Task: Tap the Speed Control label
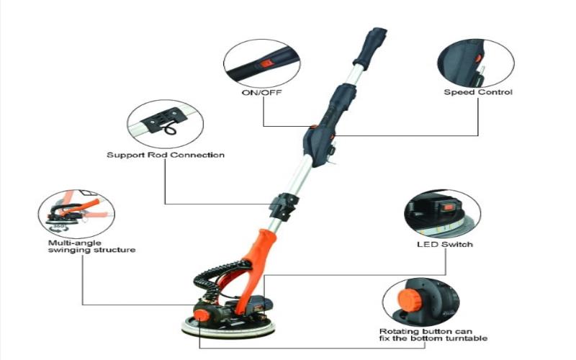pyautogui.click(x=477, y=93)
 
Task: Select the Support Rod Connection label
pyautogui.click(x=166, y=155)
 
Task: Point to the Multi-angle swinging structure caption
pyautogui.click(x=87, y=246)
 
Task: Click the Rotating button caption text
pyautogui.click(x=433, y=333)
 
